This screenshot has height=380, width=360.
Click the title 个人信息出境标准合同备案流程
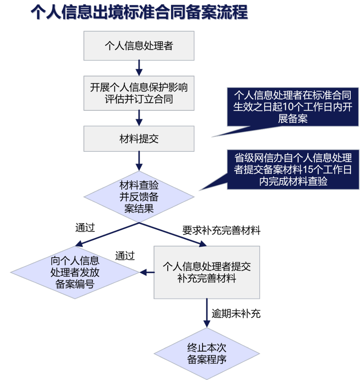[139, 13]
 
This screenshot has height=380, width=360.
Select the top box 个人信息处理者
[139, 46]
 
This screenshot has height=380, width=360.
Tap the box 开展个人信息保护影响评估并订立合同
[139, 93]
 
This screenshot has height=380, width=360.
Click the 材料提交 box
[139, 139]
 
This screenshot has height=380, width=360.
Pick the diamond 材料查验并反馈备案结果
[139, 197]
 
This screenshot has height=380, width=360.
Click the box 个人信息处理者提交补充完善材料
[206, 272]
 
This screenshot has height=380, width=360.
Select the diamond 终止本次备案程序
[206, 354]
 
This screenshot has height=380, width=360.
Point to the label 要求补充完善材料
[221, 231]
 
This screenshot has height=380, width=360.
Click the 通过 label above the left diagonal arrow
[85, 228]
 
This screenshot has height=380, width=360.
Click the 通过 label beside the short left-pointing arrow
[125, 256]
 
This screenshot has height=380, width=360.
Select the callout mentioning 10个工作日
[293, 107]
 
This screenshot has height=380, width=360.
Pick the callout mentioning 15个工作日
[293, 170]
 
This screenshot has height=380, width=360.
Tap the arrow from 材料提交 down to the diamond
[139, 161]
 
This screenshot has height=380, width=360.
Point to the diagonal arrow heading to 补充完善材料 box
[173, 234]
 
